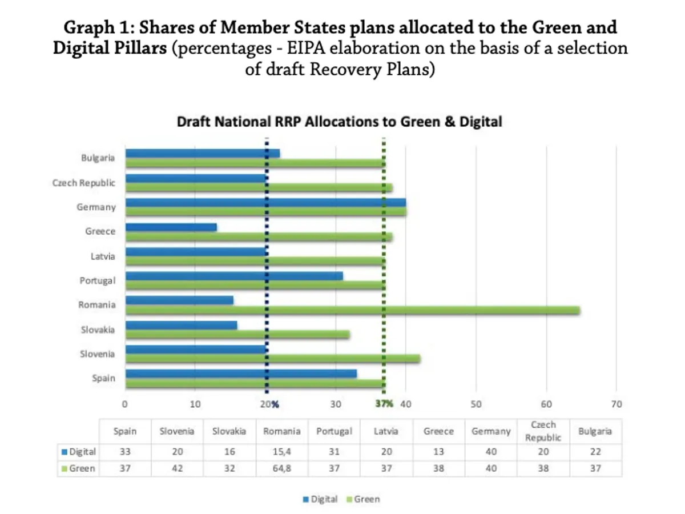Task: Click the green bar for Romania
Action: pos(353,310)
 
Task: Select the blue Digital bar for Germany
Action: pos(265,202)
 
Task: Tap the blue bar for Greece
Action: pos(171,227)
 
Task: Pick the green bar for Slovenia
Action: pos(273,359)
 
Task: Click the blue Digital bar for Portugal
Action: pos(234,276)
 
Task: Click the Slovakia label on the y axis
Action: pos(97,330)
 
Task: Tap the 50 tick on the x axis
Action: pos(476,404)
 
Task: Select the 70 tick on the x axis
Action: pos(616,404)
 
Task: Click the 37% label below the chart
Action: pos(384,404)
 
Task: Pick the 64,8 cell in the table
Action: pos(281,468)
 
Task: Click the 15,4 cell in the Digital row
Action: pos(281,452)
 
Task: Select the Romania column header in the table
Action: pos(281,432)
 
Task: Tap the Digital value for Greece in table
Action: pos(438,452)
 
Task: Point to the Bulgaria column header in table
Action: pos(595,432)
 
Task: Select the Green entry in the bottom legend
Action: pos(364,499)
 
